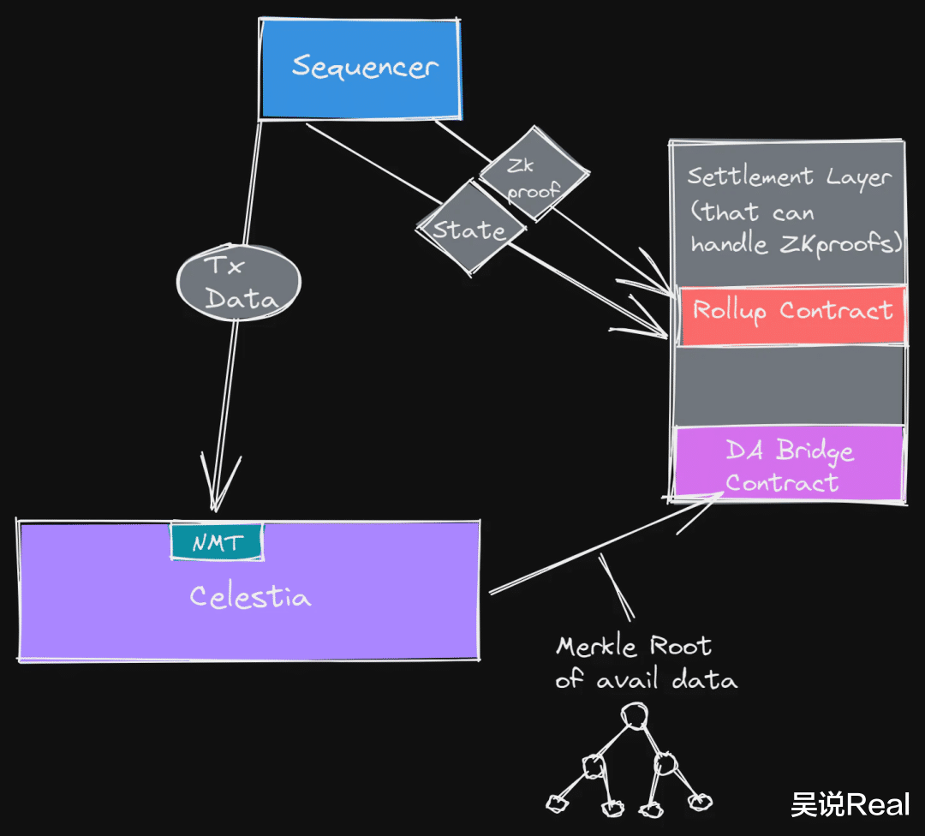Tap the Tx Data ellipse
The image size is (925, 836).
coord(238,283)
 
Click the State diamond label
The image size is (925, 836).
coord(468,230)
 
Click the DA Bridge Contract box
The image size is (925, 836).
coord(789,465)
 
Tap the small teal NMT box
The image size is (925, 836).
coord(217,541)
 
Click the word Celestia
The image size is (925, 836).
coord(249,596)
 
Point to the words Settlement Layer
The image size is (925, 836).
coord(789,177)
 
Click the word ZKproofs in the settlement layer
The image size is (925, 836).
coord(840,244)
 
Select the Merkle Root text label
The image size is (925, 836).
coord(634,646)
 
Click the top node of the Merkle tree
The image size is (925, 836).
coord(634,714)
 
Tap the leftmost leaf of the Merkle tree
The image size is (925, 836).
coord(557,803)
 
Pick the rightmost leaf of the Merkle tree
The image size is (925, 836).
coord(700,800)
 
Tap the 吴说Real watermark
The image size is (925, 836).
coord(850,804)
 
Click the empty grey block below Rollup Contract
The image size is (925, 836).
coord(789,385)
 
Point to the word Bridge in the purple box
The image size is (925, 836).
coord(815,451)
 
